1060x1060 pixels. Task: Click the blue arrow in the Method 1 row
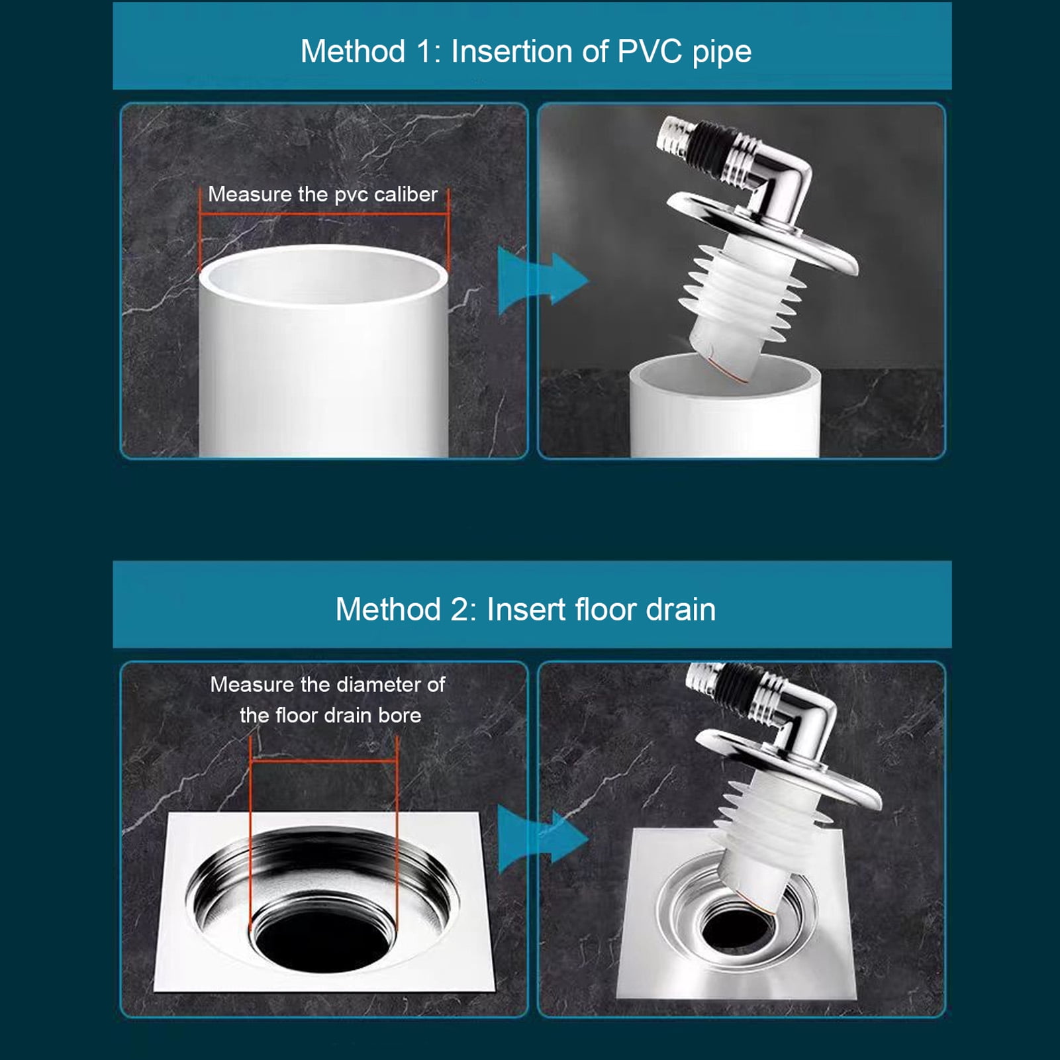click(542, 280)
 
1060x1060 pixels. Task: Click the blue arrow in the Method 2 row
click(542, 839)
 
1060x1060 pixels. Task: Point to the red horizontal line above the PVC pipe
click(324, 214)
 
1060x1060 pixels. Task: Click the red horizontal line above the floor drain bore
click(324, 761)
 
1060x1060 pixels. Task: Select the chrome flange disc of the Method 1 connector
click(761, 232)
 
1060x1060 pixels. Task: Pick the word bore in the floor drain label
click(400, 715)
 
